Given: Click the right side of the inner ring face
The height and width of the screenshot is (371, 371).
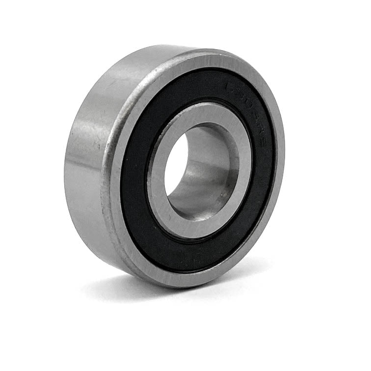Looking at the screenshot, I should point(243,167).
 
